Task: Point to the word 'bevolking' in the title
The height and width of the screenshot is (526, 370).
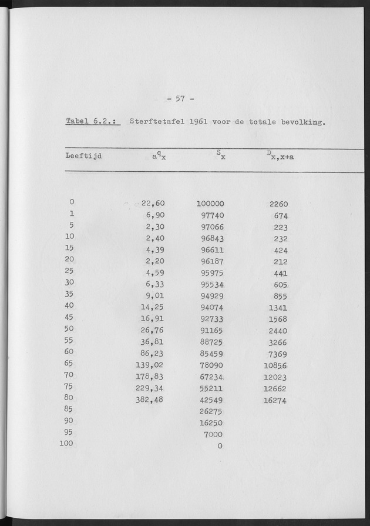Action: click(x=301, y=123)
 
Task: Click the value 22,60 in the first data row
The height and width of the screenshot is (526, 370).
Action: click(x=157, y=204)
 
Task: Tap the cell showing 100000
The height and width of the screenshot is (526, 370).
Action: click(x=210, y=204)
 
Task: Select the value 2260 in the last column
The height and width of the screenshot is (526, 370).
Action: click(x=278, y=204)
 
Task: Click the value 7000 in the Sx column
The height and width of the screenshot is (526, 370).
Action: click(x=213, y=433)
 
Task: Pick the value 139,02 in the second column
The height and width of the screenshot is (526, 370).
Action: click(x=150, y=364)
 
